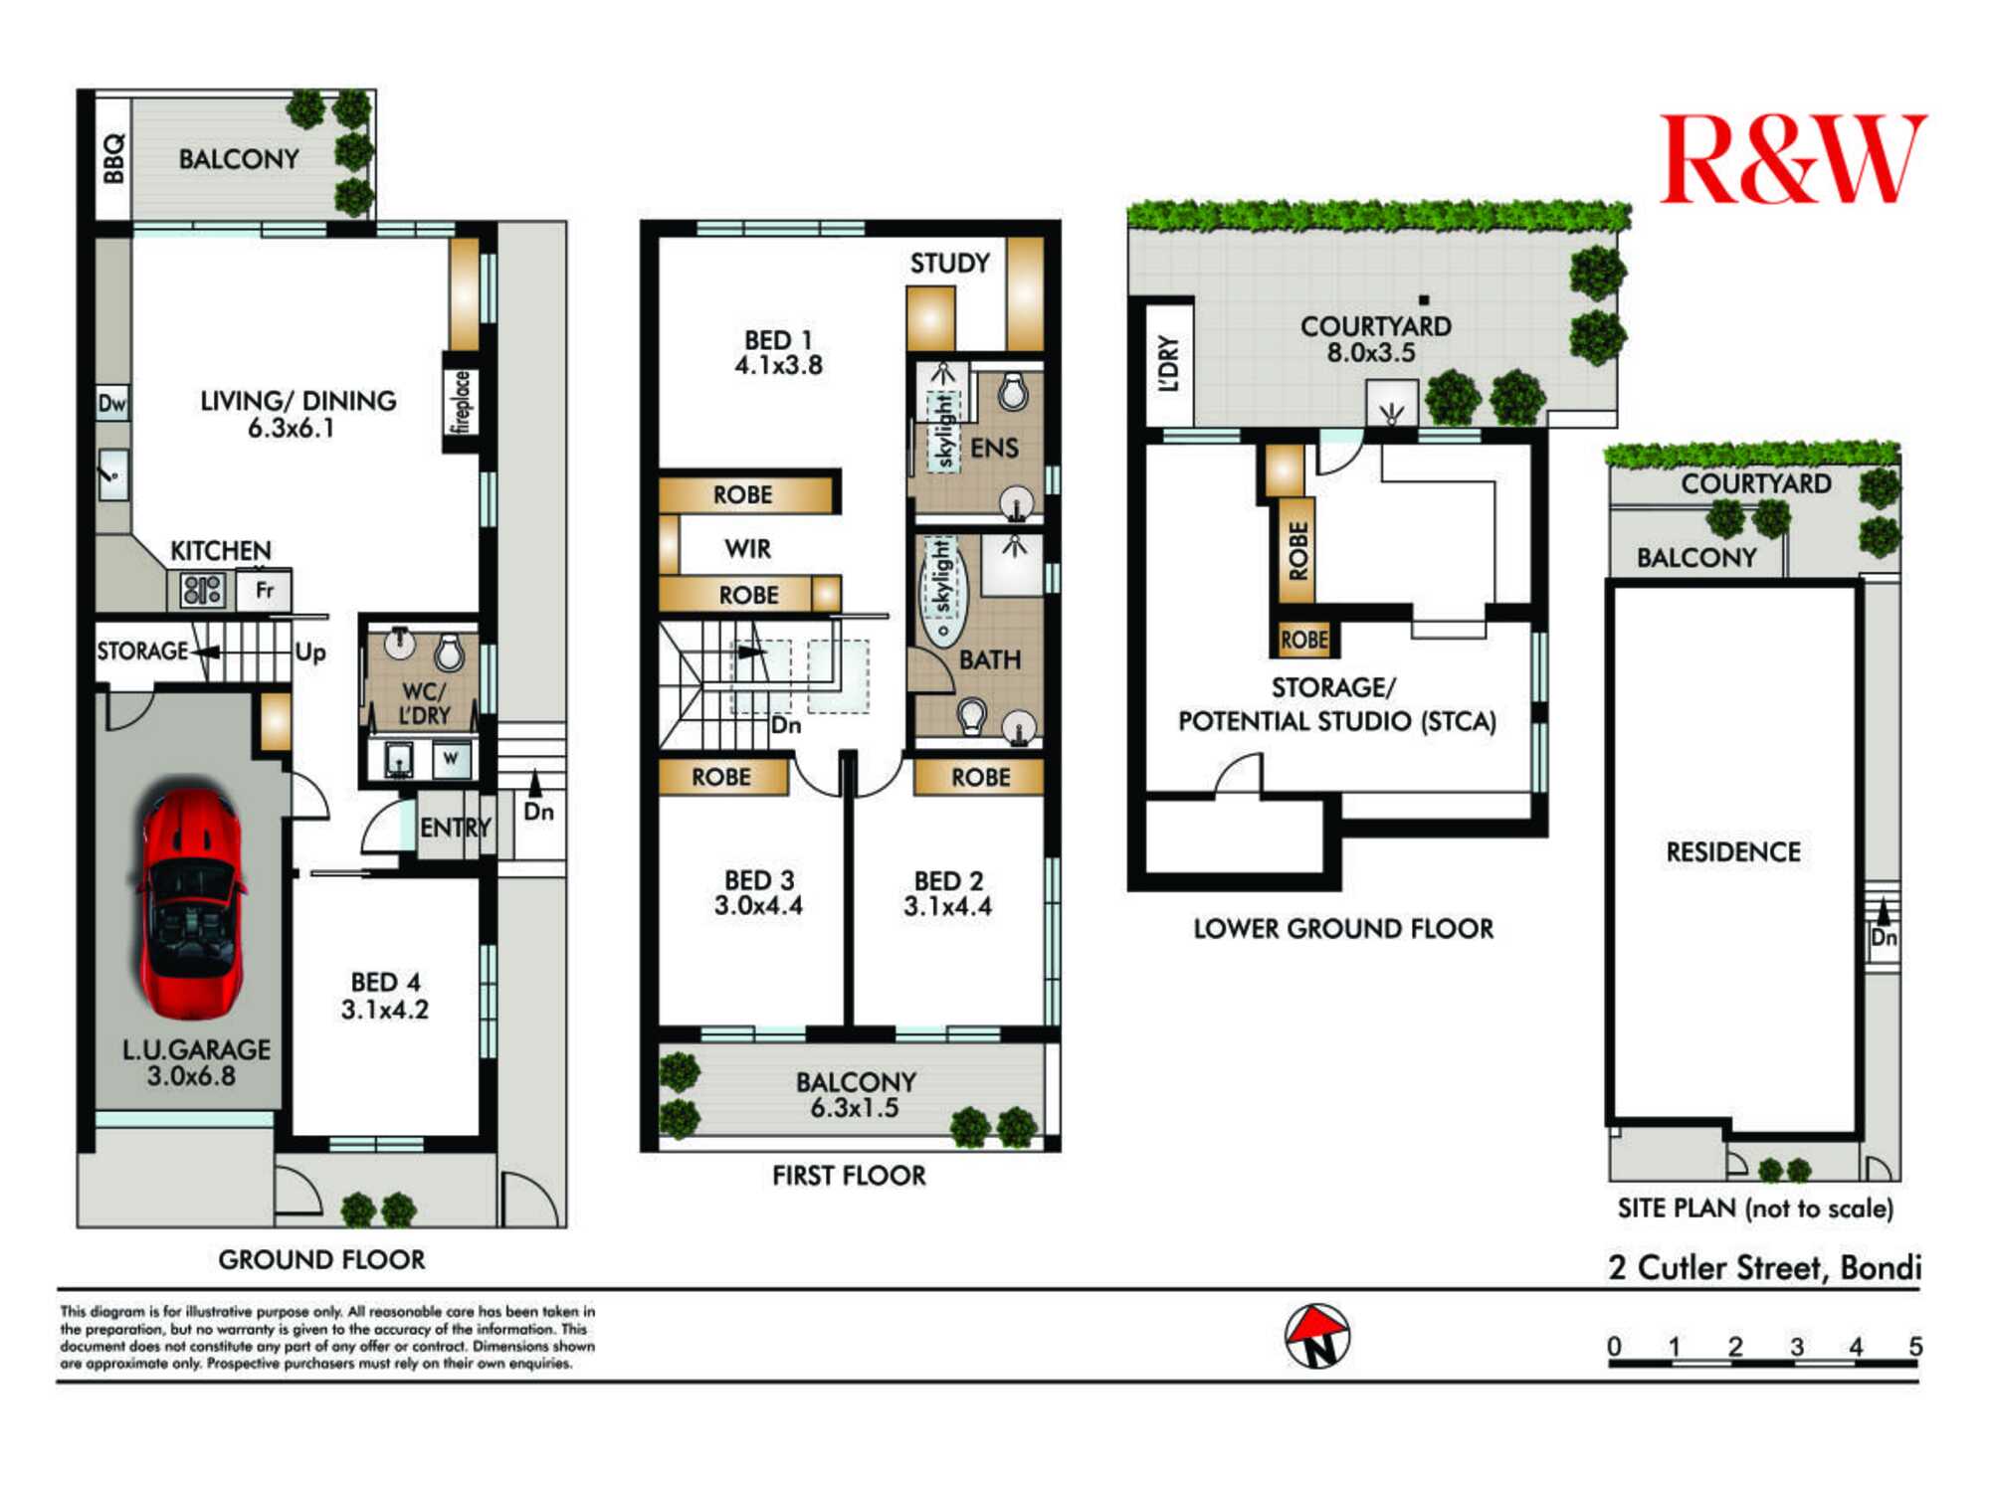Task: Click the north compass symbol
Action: click(x=1316, y=1336)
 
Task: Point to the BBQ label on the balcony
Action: click(x=114, y=158)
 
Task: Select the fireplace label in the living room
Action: click(x=461, y=401)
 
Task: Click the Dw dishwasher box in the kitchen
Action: click(x=112, y=403)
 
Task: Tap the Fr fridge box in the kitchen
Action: click(x=264, y=590)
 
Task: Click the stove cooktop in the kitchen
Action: click(x=203, y=591)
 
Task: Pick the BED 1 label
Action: click(x=779, y=340)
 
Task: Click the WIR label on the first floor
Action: click(x=747, y=548)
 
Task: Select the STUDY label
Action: click(x=950, y=263)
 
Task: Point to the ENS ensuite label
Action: click(x=994, y=448)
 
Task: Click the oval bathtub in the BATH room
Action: click(x=940, y=592)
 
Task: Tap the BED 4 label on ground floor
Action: click(x=386, y=982)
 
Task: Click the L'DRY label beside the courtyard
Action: click(x=1169, y=363)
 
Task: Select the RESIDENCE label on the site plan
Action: click(x=1733, y=851)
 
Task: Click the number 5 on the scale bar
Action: click(x=1915, y=1346)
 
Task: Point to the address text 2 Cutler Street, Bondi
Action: click(x=1765, y=1267)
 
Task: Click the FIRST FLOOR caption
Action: click(x=849, y=1176)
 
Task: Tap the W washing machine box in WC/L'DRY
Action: click(x=452, y=759)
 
